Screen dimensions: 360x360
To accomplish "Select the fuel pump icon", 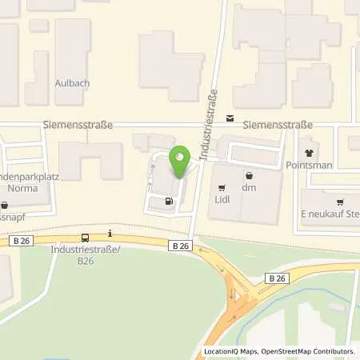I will (168, 202).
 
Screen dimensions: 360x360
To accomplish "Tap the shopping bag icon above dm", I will (249, 175).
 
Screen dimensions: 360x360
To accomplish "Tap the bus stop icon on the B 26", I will (86, 238).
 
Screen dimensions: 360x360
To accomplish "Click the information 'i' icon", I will (111, 234).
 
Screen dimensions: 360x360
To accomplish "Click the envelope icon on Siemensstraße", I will (230, 118).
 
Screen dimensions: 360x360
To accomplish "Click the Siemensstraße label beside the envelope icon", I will (277, 126).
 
